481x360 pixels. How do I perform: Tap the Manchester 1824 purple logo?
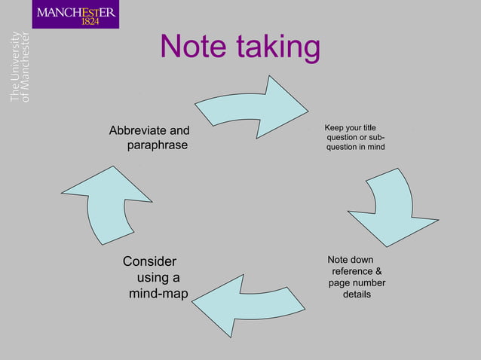tap(76, 15)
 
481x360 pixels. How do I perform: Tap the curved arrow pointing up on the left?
tap(106, 203)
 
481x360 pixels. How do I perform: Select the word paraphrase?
tap(156, 145)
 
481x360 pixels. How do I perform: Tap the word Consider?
tap(149, 261)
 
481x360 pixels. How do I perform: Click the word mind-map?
tap(158, 293)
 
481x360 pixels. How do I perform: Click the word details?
tap(357, 294)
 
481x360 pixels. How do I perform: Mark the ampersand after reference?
tap(378, 271)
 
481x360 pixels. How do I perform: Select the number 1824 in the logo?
tap(90, 21)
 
